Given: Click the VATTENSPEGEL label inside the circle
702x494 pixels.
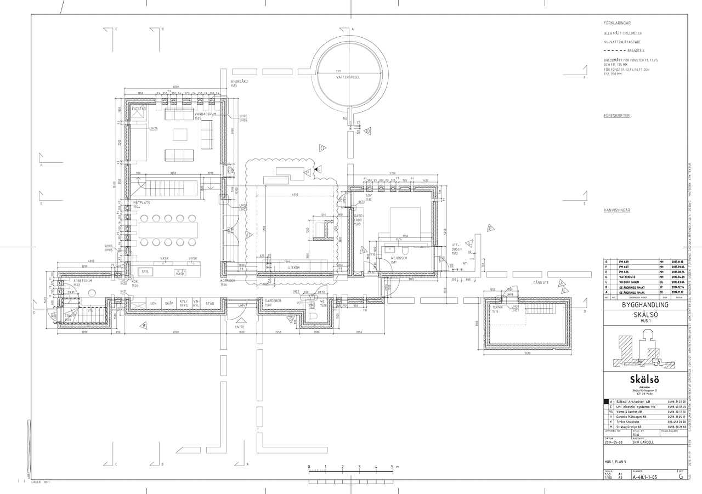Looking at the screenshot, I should click(x=348, y=77).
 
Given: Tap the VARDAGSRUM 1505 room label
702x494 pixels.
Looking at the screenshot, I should click(x=205, y=116).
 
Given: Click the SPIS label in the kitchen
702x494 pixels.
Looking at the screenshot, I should click(x=145, y=271).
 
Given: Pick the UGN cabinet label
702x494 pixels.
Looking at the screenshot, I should click(x=154, y=303).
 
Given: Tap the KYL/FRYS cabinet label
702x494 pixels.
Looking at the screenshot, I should click(x=184, y=303).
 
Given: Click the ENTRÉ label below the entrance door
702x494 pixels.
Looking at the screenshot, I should click(x=240, y=327).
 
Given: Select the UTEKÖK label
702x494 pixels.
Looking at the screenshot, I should click(x=294, y=267).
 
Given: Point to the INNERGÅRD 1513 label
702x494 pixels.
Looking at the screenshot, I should click(x=239, y=83).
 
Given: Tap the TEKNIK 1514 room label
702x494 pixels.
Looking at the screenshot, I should click(x=497, y=309).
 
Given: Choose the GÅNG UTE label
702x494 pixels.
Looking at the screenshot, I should click(x=541, y=282).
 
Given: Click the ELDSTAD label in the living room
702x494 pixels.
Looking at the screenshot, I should click(x=139, y=109).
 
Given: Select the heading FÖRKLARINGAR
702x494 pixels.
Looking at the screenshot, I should click(x=616, y=24).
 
